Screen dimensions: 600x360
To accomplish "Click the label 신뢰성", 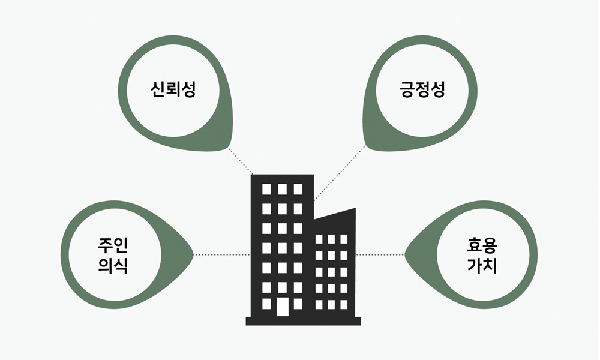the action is pos(173,89).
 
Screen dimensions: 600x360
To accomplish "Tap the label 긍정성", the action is pos(422,89).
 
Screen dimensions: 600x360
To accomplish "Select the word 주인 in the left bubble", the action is pos(113,245).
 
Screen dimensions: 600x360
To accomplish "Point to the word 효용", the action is pos(482,245).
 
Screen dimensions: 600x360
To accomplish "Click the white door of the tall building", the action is pos(283,306).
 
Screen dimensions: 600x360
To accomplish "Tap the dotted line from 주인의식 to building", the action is pos(222,254).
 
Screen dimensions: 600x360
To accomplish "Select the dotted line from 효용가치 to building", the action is pos(380,254).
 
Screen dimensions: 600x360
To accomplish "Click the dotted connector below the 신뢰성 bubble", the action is pos(241,161).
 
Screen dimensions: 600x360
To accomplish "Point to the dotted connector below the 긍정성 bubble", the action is pos(340,173).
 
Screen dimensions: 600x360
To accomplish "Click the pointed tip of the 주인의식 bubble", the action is pos(193,254).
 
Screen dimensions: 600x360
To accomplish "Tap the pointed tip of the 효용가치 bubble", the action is pos(405,254).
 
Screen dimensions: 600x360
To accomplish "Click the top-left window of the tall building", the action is pos(267,190).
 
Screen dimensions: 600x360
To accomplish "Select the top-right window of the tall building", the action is pos(298,190).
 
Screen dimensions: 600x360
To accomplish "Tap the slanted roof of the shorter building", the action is pos(335,214).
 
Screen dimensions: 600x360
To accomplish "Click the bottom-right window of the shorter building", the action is pos(344,305).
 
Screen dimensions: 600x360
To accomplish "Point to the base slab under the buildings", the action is pos(303,321).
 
